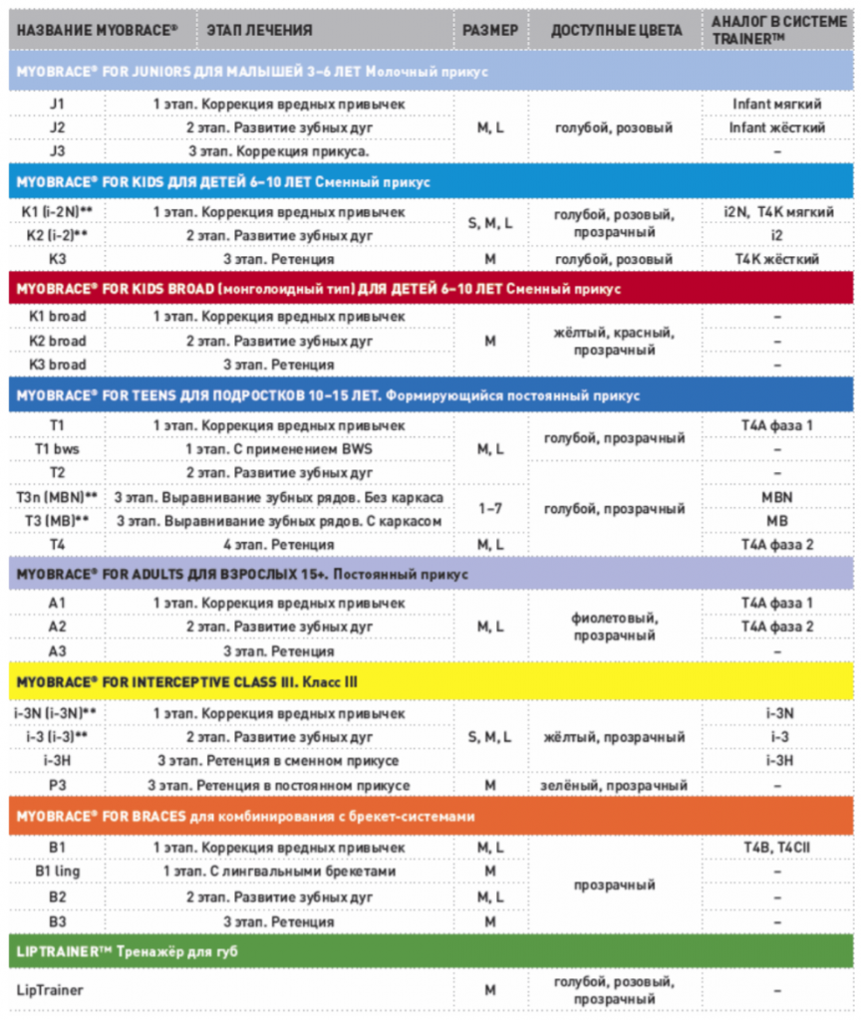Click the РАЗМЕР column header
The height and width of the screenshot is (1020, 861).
(490, 30)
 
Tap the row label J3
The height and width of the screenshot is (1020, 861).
(58, 151)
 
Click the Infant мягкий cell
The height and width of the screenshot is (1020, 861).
(776, 104)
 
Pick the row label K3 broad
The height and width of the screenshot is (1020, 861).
(58, 365)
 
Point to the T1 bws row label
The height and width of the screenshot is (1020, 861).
(58, 448)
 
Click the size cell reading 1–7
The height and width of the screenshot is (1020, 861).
(490, 508)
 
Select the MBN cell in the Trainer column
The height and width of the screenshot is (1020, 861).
(776, 496)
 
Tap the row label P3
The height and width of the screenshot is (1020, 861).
(58, 785)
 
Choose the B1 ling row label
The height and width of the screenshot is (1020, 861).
(58, 871)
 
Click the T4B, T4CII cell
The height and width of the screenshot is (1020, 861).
(776, 847)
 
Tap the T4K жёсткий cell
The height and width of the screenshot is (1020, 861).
(776, 259)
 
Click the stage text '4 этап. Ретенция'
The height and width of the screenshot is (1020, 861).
(279, 544)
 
